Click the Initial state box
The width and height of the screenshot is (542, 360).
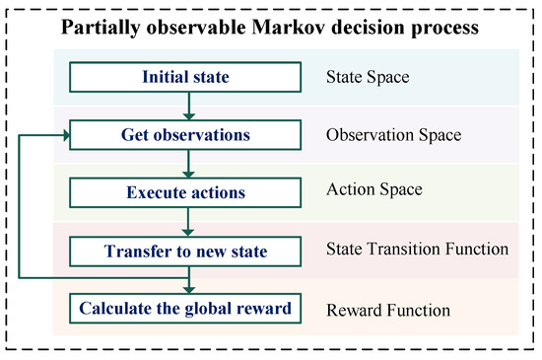point(185,77)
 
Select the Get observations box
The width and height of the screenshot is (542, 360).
point(185,135)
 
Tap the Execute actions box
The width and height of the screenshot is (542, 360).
point(185,192)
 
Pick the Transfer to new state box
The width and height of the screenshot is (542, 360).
point(185,252)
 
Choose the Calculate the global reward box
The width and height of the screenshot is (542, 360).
point(185,309)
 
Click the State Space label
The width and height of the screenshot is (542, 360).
point(368,77)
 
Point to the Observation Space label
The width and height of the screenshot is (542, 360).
point(394,135)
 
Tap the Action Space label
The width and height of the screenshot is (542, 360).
point(374,189)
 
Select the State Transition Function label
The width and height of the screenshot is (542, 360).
point(417,249)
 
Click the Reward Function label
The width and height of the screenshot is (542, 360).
point(388,311)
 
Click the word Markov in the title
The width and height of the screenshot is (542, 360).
point(289,28)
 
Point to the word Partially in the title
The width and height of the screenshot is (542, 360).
point(101,28)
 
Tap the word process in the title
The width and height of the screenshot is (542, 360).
point(444,29)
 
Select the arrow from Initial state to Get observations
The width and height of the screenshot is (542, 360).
point(189,107)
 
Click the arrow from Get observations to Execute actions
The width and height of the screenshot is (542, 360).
point(188,164)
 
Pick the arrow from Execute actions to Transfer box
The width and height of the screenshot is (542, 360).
point(188,222)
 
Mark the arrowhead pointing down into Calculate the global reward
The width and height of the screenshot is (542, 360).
point(189,289)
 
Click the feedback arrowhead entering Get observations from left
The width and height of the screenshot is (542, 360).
point(66,135)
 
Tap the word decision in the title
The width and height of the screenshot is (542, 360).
point(369,28)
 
